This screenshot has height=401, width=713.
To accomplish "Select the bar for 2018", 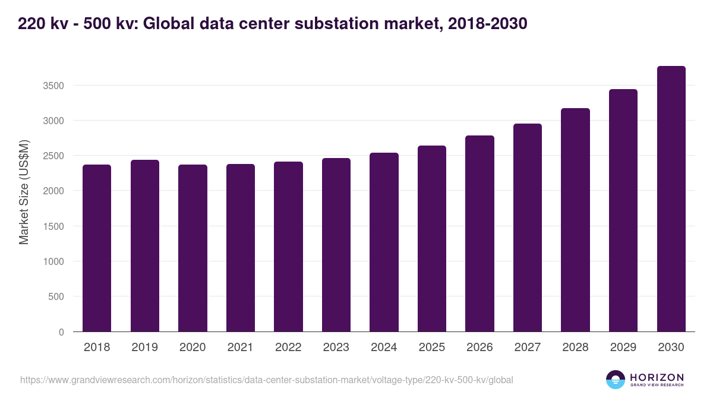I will tap(97, 248).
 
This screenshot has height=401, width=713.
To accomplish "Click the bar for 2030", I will tap(671, 198).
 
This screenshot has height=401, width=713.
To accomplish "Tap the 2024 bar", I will tap(384, 242).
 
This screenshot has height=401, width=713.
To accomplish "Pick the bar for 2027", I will tap(527, 228).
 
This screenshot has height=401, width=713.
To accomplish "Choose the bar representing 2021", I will tap(240, 248).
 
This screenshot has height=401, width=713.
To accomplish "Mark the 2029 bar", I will tap(623, 210).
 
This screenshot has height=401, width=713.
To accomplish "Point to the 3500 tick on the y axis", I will tap(53, 86).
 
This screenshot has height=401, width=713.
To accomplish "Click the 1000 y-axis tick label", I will tap(53, 261).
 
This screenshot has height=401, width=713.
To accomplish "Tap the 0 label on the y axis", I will tap(61, 332).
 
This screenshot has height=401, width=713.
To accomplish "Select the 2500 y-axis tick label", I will tap(53, 156).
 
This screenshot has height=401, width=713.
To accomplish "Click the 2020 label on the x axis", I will tap(193, 348).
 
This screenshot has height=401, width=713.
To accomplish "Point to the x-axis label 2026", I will tap(479, 348).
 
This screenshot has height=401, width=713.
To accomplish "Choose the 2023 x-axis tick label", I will tap(336, 348).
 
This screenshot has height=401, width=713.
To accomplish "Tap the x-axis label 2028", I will tap(575, 348).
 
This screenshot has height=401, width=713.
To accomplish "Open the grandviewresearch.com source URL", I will tap(266, 380).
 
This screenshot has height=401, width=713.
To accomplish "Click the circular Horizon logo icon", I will tap(616, 380).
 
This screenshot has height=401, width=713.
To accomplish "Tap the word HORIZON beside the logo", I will tap(657, 377).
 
